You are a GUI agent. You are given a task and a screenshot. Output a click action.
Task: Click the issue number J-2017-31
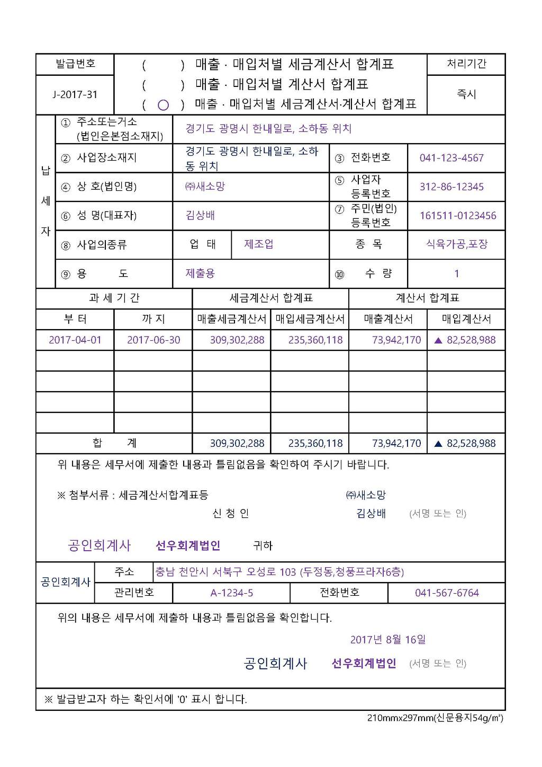(75, 94)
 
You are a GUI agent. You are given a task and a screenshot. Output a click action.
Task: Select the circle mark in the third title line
(163, 105)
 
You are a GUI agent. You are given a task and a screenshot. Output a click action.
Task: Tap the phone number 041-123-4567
(451, 158)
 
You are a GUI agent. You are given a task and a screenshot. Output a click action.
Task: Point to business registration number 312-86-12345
(451, 187)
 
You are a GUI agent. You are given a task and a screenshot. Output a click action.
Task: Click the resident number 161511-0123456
(458, 216)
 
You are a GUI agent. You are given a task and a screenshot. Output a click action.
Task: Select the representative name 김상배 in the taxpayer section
(200, 215)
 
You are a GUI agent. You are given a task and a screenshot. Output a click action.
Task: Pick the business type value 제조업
(258, 244)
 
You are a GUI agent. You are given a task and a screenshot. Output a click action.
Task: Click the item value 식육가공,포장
(457, 244)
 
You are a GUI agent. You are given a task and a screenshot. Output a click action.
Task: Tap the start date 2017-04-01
(75, 340)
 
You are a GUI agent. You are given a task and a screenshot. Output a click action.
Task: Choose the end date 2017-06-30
(153, 340)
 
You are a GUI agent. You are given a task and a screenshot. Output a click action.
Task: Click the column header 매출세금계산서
(231, 319)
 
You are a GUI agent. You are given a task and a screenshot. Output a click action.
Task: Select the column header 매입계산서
(466, 319)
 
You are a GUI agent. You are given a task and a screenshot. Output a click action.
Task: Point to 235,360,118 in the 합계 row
(315, 443)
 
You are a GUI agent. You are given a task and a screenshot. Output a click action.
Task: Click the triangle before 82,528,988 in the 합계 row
(438, 444)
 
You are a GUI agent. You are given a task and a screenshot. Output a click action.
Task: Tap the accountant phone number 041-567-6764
(447, 593)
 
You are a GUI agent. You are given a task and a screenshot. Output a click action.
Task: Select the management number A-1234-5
(231, 593)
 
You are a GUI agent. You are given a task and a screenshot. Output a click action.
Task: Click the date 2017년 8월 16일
(387, 639)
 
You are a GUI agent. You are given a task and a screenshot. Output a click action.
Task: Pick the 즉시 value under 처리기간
(466, 94)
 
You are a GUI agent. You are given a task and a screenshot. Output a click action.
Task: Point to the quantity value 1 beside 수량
(456, 274)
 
